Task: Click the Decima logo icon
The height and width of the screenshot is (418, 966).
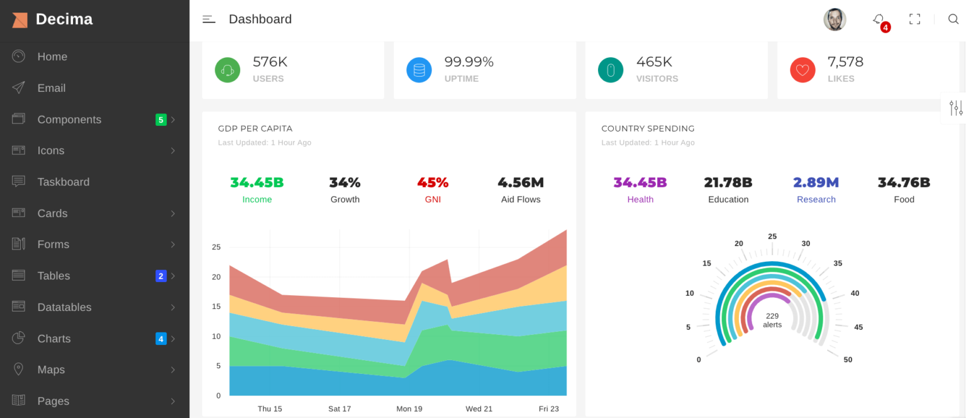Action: click(19, 20)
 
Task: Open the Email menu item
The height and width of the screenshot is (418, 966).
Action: click(51, 88)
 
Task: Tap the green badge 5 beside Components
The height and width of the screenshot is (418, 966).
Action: click(161, 120)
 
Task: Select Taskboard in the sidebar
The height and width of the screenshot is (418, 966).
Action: click(63, 182)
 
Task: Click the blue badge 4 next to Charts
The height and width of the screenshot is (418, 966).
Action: click(161, 339)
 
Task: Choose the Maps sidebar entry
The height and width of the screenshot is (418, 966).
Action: click(51, 370)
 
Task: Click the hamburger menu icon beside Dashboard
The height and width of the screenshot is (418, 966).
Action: click(209, 20)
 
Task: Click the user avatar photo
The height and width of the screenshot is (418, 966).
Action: click(835, 20)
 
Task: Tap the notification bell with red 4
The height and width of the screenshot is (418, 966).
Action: click(879, 20)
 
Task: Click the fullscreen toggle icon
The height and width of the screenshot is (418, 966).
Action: click(914, 20)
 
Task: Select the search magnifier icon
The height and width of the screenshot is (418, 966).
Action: click(953, 20)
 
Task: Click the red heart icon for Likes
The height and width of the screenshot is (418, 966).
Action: click(802, 70)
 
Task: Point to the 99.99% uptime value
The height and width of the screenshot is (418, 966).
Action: click(469, 62)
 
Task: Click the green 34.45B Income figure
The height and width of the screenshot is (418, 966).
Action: click(257, 183)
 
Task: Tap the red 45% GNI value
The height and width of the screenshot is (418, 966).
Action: click(433, 183)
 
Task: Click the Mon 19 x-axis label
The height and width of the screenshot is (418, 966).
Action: click(409, 409)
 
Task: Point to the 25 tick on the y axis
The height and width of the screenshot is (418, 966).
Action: click(216, 247)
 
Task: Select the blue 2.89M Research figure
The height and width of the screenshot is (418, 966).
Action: click(816, 183)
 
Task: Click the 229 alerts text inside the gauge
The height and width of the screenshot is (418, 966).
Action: click(772, 320)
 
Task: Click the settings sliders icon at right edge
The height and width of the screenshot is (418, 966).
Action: click(956, 108)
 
